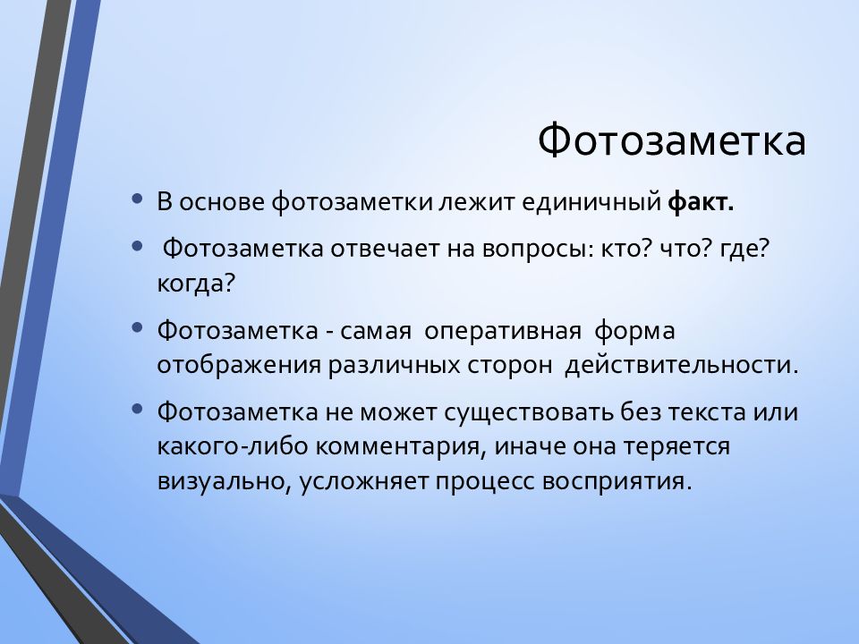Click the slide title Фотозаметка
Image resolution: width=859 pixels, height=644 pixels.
pyautogui.click(x=672, y=140)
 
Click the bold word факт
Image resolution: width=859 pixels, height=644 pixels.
pyautogui.click(x=701, y=201)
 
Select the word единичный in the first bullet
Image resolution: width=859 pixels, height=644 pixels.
pyautogui.click(x=591, y=203)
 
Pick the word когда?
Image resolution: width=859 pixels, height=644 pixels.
pyautogui.click(x=196, y=284)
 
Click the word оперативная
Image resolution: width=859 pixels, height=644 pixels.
pyautogui.click(x=502, y=331)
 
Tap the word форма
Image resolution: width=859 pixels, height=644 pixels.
pyautogui.click(x=634, y=331)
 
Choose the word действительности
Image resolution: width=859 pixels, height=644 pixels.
pyautogui.click(x=682, y=365)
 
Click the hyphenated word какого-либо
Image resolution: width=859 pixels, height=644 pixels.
pyautogui.click(x=233, y=446)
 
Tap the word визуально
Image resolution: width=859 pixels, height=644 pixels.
pyautogui.click(x=224, y=482)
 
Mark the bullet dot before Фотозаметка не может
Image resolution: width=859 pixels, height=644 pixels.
pyautogui.click(x=138, y=408)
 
